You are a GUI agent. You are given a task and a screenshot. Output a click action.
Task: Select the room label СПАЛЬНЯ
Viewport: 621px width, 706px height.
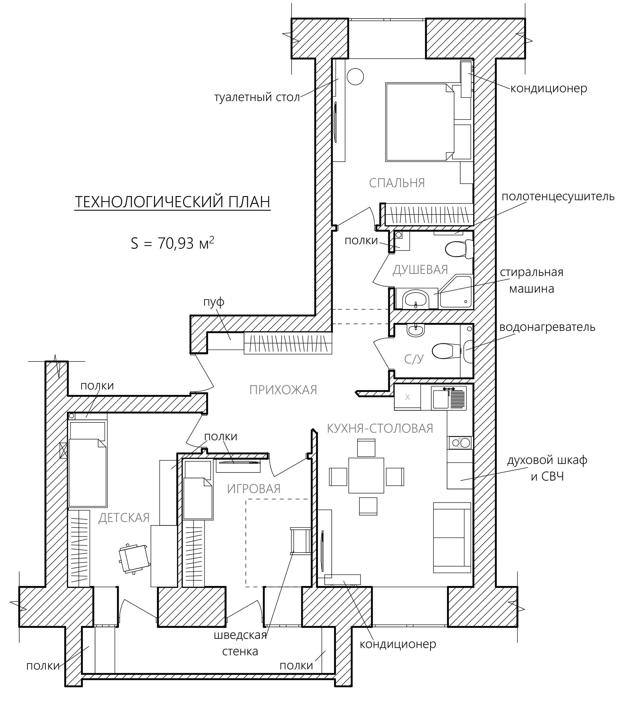coord(397,183)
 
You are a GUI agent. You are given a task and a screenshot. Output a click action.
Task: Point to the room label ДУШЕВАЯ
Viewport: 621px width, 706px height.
coord(420,270)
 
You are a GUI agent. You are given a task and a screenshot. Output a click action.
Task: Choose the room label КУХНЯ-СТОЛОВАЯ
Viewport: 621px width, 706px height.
coord(380,428)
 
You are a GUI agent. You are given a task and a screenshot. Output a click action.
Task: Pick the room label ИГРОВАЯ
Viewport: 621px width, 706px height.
coord(254,489)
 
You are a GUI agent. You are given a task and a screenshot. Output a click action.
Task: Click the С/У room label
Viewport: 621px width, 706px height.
coord(414,359)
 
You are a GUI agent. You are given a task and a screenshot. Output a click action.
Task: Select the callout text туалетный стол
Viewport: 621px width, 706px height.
coord(257,97)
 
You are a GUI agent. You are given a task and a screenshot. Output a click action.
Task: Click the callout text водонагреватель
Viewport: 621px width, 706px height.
coord(547,327)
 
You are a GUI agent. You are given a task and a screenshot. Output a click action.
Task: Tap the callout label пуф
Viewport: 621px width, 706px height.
coord(214,302)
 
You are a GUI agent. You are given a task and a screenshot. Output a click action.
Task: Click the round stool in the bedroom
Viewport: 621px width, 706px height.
coord(355,76)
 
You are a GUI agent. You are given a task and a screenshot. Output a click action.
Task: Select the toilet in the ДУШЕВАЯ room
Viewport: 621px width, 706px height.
coord(459,248)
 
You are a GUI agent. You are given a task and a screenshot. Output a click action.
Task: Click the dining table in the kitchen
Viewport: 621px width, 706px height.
coord(366,475)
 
